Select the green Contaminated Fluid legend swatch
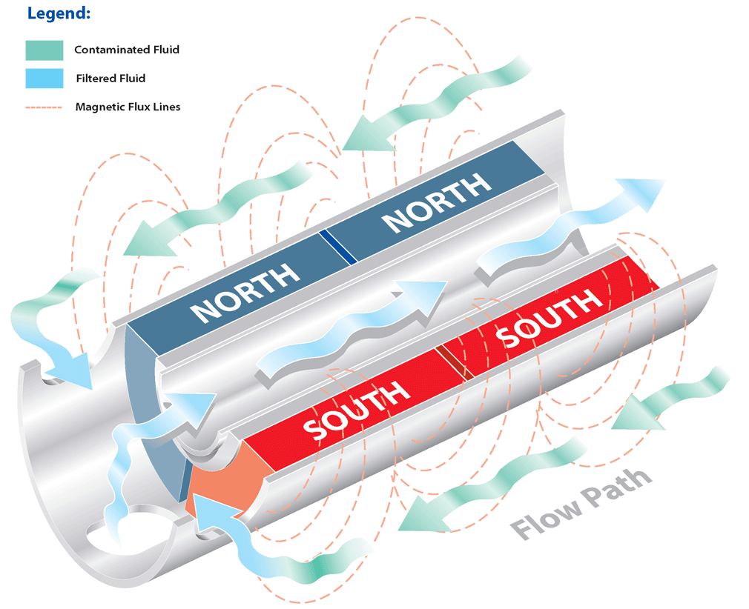pyautogui.click(x=44, y=50)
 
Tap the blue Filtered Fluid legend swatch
pyautogui.click(x=44, y=78)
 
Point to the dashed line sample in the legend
pyautogui.click(x=44, y=107)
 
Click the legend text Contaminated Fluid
pyautogui.click(x=127, y=50)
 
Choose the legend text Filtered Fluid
pyautogui.click(x=110, y=78)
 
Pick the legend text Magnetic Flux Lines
pyautogui.click(x=128, y=107)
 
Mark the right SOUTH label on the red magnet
pyautogui.click(x=549, y=317)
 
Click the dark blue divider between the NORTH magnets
pyautogui.click(x=338, y=247)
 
